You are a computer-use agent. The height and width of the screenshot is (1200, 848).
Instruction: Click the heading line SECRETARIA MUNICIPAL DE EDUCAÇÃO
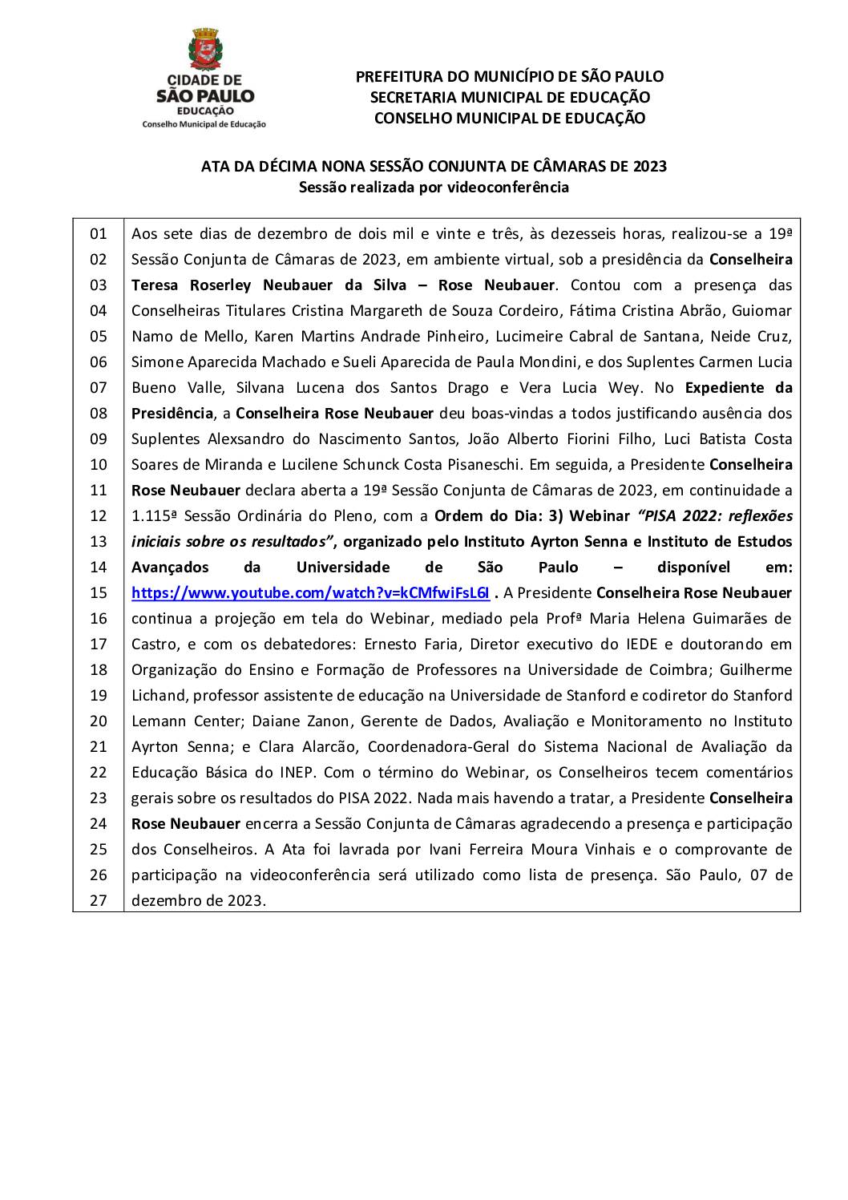click(x=509, y=97)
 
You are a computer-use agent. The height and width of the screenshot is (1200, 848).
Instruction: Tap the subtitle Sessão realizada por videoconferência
click(x=434, y=187)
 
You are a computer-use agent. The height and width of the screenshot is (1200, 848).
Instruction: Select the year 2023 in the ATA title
click(x=649, y=166)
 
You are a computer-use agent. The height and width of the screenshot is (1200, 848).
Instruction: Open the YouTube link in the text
click(x=310, y=592)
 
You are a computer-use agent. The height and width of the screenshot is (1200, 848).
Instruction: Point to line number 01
click(x=98, y=234)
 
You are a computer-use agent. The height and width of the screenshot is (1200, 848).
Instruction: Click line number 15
click(x=98, y=593)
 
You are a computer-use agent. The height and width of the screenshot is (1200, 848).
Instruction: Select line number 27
click(x=98, y=900)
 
